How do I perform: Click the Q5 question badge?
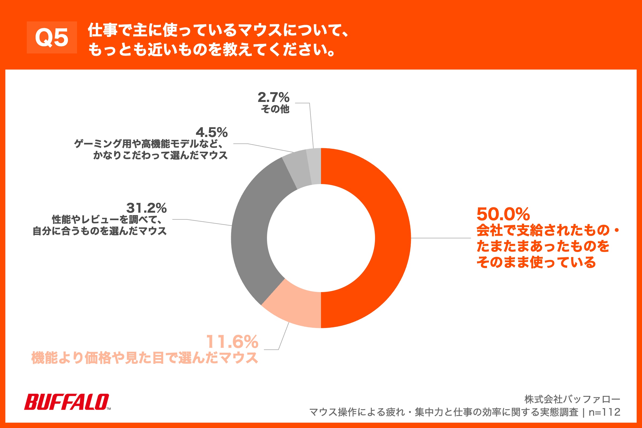pos(52,37)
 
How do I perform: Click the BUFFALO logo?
pos(67,402)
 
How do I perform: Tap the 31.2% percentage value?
pos(146,208)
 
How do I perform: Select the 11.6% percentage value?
pos(232,342)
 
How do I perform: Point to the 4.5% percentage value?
pos(212,133)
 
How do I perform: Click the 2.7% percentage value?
pos(273,97)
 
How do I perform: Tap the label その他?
pos(275,109)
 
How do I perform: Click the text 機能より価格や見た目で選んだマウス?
pos(145,358)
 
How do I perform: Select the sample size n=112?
pos(604,412)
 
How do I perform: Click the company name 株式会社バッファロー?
pos(572,399)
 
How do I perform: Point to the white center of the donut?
pos(321,238)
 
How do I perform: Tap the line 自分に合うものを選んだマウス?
pos(100,231)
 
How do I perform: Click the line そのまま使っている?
pos(536,262)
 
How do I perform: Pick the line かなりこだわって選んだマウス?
pos(160,155)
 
